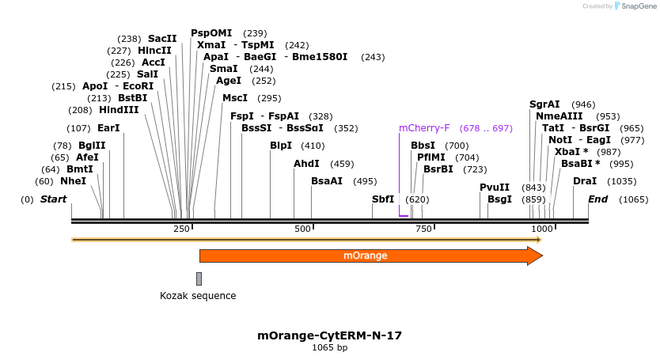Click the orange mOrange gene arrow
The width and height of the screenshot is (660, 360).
click(x=370, y=256)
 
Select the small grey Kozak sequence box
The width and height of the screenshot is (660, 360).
click(x=199, y=279)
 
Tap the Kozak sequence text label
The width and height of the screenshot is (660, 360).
click(x=198, y=296)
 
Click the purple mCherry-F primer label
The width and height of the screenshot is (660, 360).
click(x=424, y=128)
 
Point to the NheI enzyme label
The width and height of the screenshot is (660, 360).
click(x=73, y=181)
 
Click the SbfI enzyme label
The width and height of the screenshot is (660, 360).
click(x=383, y=199)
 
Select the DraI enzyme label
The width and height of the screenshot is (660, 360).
click(x=585, y=181)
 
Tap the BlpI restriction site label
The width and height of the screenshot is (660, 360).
click(x=281, y=146)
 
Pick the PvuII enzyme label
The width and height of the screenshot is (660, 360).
click(x=495, y=188)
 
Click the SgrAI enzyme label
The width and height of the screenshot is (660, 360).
click(x=544, y=104)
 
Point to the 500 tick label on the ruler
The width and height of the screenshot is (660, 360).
click(x=302, y=229)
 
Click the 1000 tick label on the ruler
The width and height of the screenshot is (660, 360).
click(x=542, y=229)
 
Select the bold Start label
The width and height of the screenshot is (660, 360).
click(x=53, y=199)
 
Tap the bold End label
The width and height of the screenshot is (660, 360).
click(x=597, y=199)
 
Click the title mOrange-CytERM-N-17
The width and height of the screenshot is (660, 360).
click(x=329, y=335)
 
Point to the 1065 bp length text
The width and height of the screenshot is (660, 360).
click(x=329, y=347)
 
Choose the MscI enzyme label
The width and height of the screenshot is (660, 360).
click(x=235, y=98)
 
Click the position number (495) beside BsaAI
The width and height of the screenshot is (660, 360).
click(x=365, y=181)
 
